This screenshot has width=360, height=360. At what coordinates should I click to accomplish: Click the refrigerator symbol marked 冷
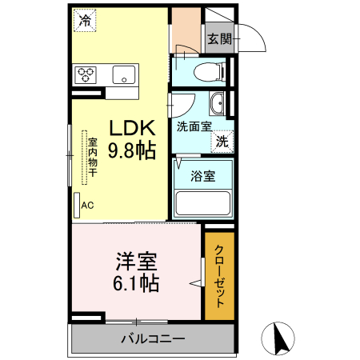(85, 21)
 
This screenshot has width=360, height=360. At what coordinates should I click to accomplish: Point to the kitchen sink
(123, 75)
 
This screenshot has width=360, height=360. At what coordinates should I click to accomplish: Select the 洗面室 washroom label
(194, 126)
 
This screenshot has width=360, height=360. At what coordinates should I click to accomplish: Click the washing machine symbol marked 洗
(222, 140)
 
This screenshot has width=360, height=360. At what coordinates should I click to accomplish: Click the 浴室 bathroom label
(202, 177)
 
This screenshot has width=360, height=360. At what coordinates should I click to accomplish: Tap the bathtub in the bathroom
(202, 203)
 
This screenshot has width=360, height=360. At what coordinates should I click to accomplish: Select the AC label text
(87, 205)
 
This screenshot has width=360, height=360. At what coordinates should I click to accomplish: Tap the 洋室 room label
(136, 260)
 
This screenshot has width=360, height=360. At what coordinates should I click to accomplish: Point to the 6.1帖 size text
(136, 282)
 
